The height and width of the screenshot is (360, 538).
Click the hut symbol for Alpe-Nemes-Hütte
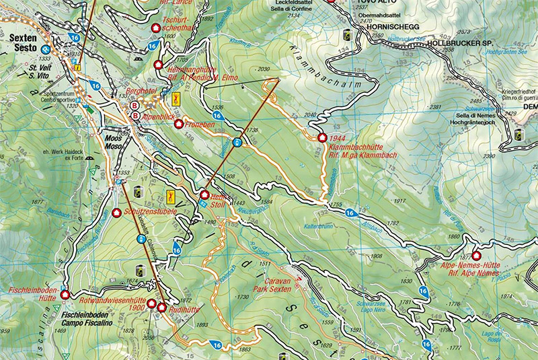point(477,256)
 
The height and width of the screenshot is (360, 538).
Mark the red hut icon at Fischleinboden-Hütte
point(65,294)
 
